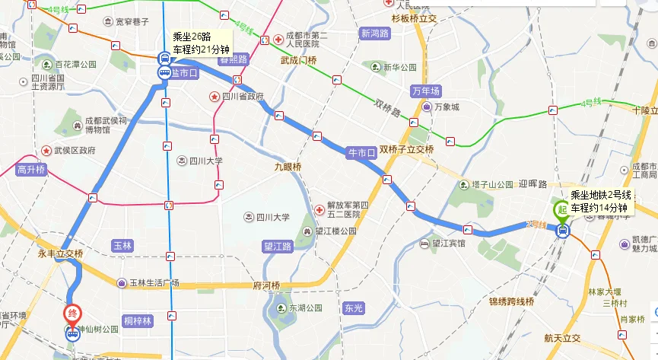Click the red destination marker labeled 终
coord(71,314)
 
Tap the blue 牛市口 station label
coord(361,153)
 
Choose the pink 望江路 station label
coord(278,247)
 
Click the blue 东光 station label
coord(353,308)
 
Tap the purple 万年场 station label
coord(426,91)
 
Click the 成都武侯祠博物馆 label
coord(102,125)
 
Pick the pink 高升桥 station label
coord(32,170)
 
